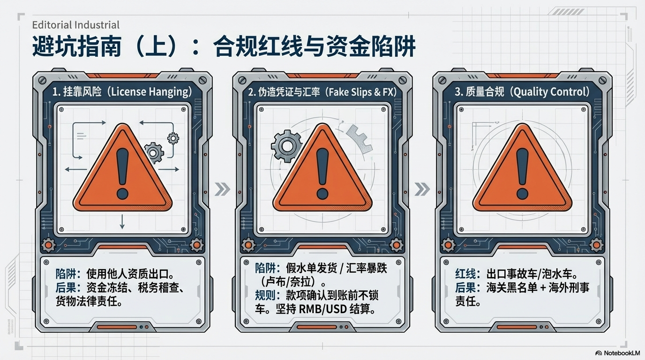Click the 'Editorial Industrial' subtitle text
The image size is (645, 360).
[x=76, y=25]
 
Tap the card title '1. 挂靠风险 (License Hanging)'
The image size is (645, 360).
[x=122, y=92]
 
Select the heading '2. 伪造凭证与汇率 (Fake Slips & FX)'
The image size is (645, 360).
[x=322, y=92]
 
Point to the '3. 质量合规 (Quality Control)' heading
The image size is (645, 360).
[x=522, y=92]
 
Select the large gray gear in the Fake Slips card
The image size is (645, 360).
[x=286, y=146]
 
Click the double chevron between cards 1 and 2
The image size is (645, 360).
[x=222, y=189]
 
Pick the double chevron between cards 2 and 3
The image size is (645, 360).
[x=422, y=189]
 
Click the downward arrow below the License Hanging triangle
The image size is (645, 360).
[x=122, y=221]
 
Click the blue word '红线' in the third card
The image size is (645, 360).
[x=465, y=274]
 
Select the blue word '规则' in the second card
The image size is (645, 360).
[x=265, y=295]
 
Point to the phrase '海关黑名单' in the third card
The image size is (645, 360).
[x=512, y=288]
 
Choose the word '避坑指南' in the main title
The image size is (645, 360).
[x=77, y=46]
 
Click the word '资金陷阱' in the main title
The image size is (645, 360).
[x=371, y=46]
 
